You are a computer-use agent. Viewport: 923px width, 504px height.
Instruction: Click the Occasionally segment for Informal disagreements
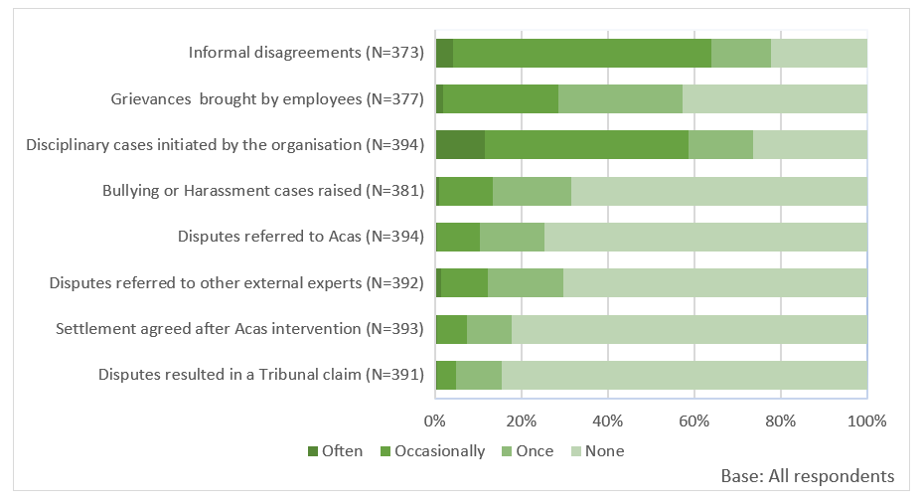pyautogui.click(x=582, y=53)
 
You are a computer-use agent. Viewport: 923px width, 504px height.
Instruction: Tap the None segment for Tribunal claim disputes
pyautogui.click(x=685, y=375)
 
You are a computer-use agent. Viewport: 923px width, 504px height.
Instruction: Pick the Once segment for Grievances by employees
pyautogui.click(x=620, y=99)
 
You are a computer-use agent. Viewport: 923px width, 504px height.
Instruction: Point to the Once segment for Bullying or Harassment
pyautogui.click(x=532, y=191)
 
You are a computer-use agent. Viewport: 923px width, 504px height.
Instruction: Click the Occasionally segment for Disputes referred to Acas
pyautogui.click(x=458, y=237)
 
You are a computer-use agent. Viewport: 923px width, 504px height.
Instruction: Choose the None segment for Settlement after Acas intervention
pyautogui.click(x=690, y=329)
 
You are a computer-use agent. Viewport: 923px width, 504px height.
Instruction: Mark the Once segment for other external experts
pyautogui.click(x=526, y=283)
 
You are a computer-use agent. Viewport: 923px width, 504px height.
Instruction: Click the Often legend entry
pyautogui.click(x=336, y=450)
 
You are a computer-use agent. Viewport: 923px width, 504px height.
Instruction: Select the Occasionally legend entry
pyautogui.click(x=431, y=450)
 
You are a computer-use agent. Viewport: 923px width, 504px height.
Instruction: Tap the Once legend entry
pyautogui.click(x=527, y=450)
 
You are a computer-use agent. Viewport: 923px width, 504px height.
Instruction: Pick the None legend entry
pyautogui.click(x=596, y=450)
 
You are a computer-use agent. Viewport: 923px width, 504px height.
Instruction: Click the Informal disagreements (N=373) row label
pyautogui.click(x=307, y=53)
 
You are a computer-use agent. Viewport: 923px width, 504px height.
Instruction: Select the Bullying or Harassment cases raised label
pyautogui.click(x=263, y=191)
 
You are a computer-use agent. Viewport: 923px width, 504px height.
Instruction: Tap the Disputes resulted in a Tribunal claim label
pyautogui.click(x=261, y=375)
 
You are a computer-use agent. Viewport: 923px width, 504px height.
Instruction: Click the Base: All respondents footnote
pyautogui.click(x=807, y=476)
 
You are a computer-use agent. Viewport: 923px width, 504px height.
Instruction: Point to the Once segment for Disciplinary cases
pyautogui.click(x=720, y=145)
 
